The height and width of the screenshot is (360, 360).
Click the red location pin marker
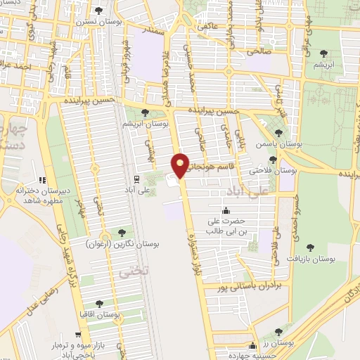[181, 165]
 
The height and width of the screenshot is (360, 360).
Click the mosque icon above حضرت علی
[226, 211]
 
